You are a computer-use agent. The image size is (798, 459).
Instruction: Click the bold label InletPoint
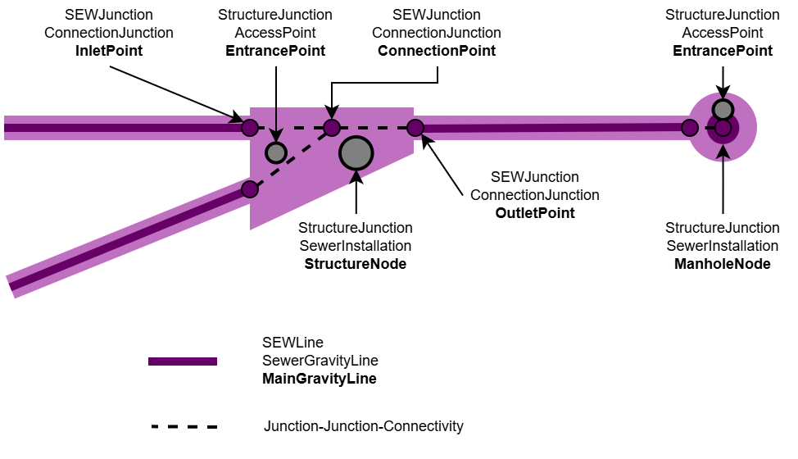[x=109, y=51]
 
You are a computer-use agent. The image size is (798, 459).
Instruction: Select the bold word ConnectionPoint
[x=436, y=51]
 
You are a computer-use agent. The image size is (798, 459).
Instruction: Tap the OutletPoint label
[x=535, y=213]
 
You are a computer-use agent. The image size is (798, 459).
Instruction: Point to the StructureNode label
[x=356, y=264]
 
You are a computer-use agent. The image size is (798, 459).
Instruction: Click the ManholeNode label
[x=722, y=264]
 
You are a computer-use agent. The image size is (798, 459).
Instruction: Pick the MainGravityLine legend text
[x=320, y=379]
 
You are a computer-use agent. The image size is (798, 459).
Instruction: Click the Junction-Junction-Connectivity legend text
[x=363, y=426]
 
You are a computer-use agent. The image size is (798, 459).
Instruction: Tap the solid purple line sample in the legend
[x=183, y=361]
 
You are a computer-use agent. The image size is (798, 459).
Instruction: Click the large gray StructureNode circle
[x=356, y=152]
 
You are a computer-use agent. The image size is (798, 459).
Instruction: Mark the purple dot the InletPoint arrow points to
[x=250, y=127]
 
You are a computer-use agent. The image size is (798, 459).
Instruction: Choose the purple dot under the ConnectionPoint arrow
[x=331, y=127]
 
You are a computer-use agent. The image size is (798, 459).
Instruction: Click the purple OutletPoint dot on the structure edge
[x=415, y=127]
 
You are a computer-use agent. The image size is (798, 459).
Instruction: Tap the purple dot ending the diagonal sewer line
[x=250, y=189]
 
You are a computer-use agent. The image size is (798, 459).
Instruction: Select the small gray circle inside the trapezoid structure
[x=276, y=152]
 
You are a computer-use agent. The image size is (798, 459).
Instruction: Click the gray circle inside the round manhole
[x=722, y=109]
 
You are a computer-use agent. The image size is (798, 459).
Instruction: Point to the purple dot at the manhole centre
[x=723, y=128]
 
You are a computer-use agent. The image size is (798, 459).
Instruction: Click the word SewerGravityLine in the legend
[x=320, y=361]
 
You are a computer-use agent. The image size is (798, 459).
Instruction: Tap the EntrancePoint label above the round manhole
[x=722, y=51]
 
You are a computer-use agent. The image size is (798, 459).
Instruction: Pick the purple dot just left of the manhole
[x=690, y=127]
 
